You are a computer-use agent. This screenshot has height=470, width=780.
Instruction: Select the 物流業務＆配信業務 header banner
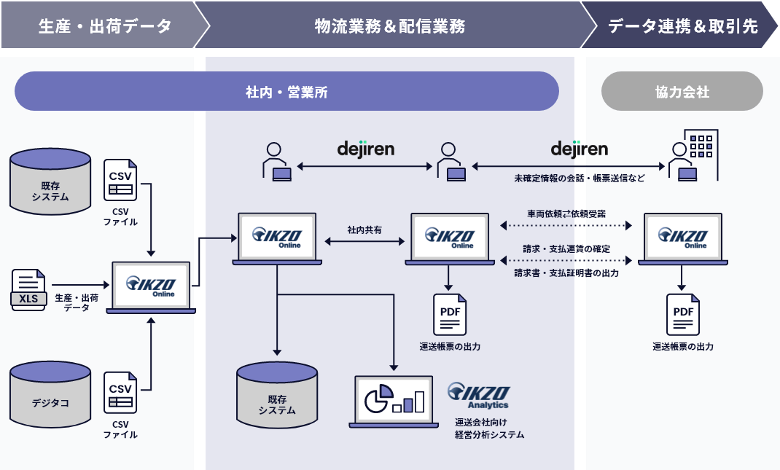[x=389, y=26]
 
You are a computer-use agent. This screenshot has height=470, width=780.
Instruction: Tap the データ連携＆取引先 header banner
[x=682, y=26]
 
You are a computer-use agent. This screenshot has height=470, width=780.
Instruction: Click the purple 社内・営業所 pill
[x=286, y=92]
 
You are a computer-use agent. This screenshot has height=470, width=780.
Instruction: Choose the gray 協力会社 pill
[x=682, y=92]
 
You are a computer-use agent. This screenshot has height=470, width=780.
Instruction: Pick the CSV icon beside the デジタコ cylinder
[x=120, y=394]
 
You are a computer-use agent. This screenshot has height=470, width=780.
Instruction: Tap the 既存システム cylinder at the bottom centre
[x=277, y=396]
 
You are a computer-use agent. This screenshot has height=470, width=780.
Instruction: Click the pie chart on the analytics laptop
[x=378, y=398]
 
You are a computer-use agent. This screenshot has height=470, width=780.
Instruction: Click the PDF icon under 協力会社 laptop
[x=683, y=314]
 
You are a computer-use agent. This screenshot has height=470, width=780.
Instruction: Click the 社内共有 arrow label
[x=364, y=230]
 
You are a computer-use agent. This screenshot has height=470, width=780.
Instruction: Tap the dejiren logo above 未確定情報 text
[x=579, y=149]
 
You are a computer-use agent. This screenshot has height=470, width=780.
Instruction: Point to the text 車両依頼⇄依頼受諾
[x=566, y=214]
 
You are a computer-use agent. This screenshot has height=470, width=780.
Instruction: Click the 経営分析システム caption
[x=489, y=434]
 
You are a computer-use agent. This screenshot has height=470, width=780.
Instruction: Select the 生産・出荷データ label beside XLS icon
[x=77, y=302]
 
